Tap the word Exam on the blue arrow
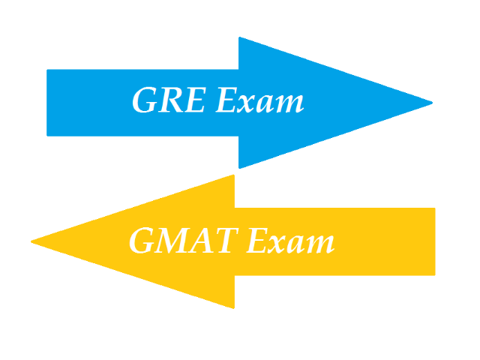click(259, 100)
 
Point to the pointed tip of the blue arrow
click(431, 103)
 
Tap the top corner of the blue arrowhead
click(239, 38)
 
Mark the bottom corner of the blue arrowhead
click(239, 167)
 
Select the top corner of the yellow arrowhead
click(234, 176)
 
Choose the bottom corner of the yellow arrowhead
click(234, 307)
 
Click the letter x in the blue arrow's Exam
click(244, 103)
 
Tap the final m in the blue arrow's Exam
click(289, 103)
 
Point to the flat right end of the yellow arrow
click(434, 241)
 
